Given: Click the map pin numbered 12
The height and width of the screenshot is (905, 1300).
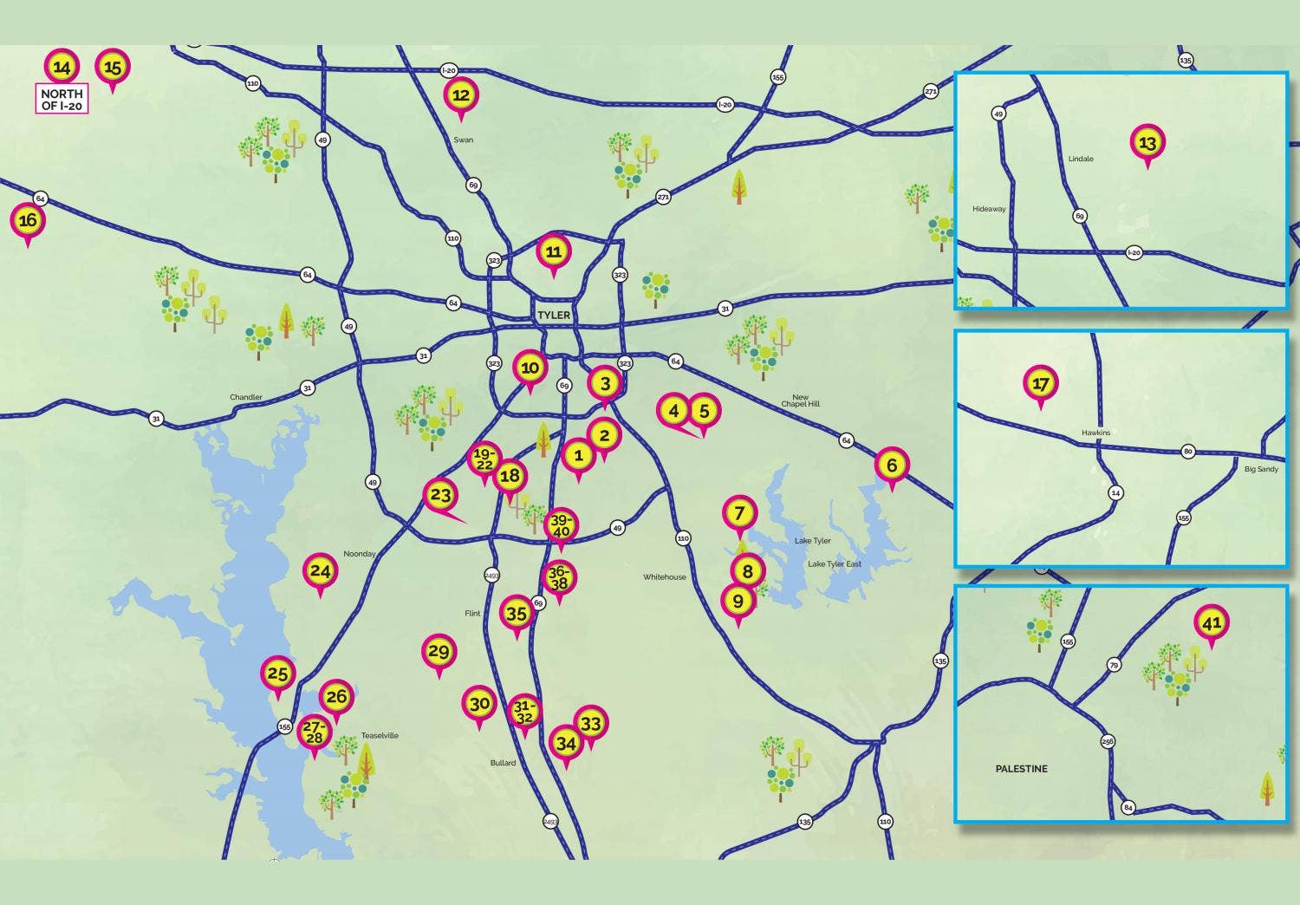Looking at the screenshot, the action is [x=461, y=95].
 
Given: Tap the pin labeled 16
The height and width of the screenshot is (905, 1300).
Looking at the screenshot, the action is [x=28, y=221].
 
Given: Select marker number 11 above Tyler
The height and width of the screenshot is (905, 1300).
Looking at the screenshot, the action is [x=554, y=252].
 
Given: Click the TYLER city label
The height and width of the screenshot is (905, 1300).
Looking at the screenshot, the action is [x=554, y=315].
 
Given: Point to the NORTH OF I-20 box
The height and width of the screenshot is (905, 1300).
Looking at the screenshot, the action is [x=62, y=99].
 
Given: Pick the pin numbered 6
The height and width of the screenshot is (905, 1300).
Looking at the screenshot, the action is [x=892, y=466].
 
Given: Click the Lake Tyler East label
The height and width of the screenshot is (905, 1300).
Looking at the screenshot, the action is [x=835, y=564].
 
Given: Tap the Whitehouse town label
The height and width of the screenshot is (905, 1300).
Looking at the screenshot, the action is [x=665, y=577].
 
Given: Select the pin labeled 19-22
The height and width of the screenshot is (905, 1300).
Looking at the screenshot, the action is [x=484, y=459].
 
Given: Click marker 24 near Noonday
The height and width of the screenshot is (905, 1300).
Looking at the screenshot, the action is [x=321, y=571].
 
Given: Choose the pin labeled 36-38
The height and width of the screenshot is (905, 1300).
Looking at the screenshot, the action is [x=559, y=577].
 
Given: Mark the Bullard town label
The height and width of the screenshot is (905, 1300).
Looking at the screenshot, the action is [x=503, y=763].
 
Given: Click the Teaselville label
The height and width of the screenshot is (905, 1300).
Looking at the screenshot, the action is [x=380, y=735].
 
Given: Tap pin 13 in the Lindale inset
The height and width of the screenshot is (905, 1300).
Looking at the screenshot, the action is [x=1147, y=142].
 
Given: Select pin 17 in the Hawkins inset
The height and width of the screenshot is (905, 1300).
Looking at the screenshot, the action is [x=1041, y=383].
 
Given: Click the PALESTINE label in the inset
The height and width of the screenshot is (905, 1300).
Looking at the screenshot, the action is [x=1021, y=769].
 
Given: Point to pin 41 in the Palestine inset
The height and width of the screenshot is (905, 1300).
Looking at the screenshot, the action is [x=1212, y=622].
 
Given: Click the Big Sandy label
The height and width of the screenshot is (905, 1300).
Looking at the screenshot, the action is [x=1261, y=469].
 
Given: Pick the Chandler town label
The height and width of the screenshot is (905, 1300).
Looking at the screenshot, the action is [x=246, y=397].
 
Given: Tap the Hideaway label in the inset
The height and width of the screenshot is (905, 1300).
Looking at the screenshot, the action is [x=989, y=209].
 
